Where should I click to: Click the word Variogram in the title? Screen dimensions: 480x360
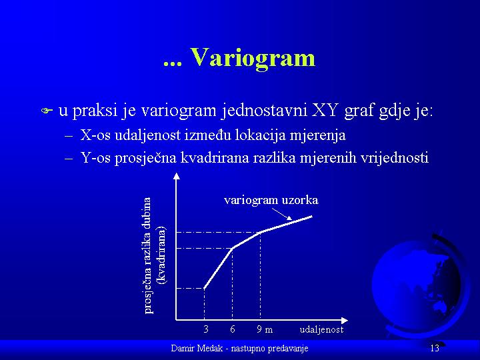point(253,57)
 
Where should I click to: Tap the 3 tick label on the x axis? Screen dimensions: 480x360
point(206,329)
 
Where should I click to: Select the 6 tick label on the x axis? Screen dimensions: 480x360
point(233,329)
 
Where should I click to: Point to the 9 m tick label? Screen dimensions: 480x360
point(265,329)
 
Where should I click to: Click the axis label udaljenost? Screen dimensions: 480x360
point(321,329)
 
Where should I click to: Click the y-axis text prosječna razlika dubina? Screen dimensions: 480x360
point(147,255)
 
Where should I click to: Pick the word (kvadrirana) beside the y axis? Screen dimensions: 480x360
point(161,255)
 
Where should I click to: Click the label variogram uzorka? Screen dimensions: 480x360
point(271,200)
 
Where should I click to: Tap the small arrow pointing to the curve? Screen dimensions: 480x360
point(282,214)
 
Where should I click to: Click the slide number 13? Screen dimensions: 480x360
point(435,348)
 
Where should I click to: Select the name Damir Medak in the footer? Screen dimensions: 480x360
point(197,349)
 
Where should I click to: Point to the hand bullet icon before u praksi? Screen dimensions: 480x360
point(47,111)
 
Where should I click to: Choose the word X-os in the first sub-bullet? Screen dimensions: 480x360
point(95,135)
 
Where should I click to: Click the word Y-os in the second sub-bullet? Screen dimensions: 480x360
point(95,158)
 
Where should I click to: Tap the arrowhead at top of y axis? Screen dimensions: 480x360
point(177,176)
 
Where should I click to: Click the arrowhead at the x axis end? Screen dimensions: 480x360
point(345,321)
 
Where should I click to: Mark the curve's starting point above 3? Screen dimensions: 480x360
point(204,289)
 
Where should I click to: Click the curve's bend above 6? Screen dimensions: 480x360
point(233,248)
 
